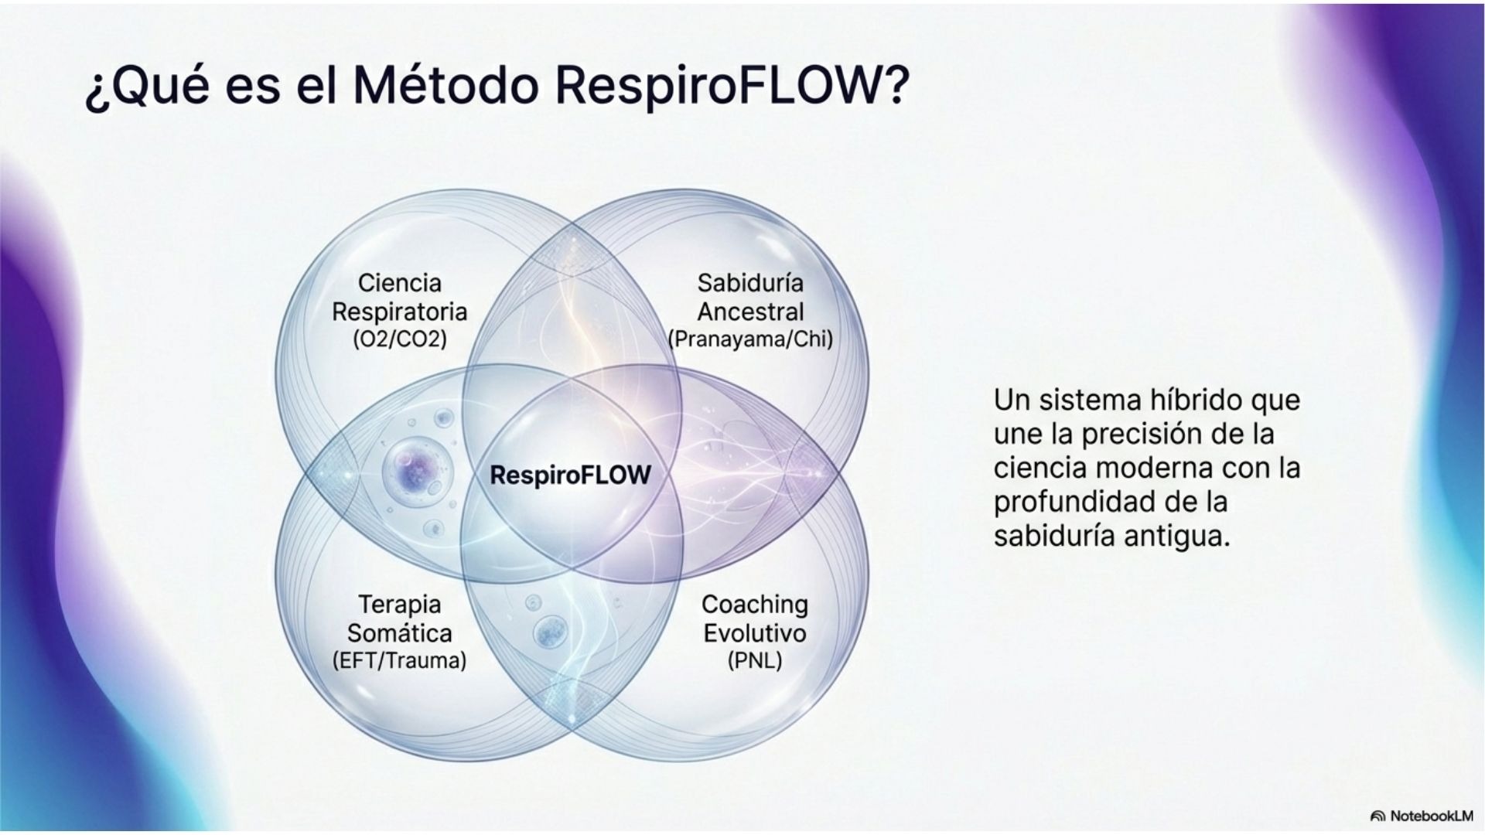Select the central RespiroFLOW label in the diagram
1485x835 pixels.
click(571, 475)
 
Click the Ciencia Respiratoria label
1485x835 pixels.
click(399, 298)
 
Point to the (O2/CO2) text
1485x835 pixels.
click(399, 339)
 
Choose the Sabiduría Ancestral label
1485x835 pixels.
click(750, 298)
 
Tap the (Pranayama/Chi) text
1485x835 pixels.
click(750, 339)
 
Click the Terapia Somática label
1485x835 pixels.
click(399, 619)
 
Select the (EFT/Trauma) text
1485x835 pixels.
click(399, 661)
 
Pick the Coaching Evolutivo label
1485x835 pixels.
click(754, 619)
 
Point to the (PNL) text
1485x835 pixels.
click(754, 661)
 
